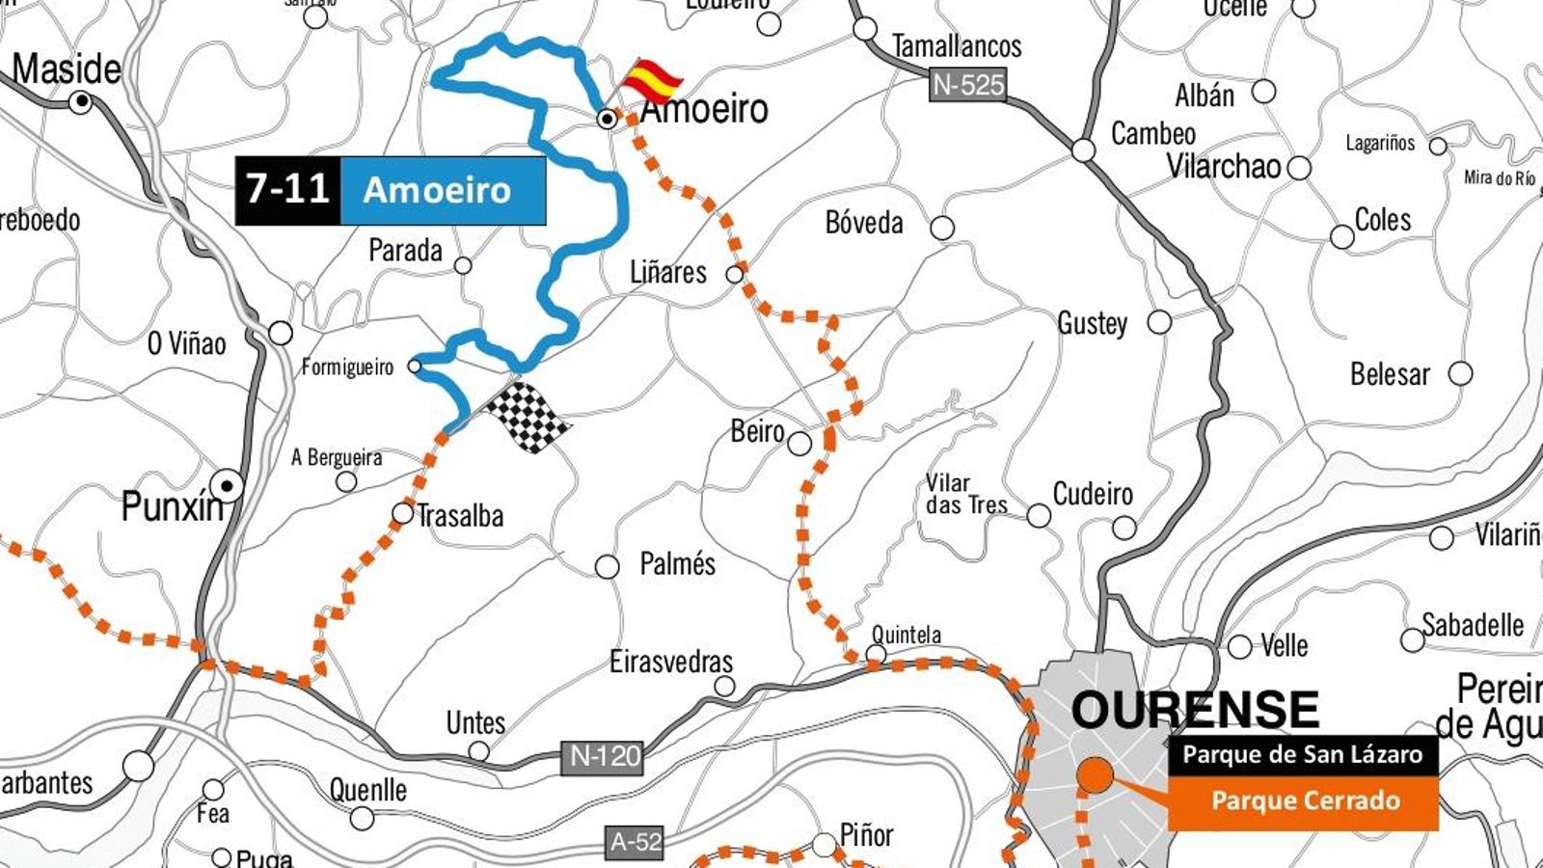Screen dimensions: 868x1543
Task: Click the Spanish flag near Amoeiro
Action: (x=653, y=80)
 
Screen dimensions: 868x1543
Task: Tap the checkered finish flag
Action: (x=528, y=417)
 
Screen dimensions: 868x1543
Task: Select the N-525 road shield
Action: (x=968, y=86)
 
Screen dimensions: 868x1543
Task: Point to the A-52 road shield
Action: (x=636, y=842)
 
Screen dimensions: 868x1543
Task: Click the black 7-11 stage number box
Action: (x=287, y=190)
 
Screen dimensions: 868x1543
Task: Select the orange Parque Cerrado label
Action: (x=1304, y=801)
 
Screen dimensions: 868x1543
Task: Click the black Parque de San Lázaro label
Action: (x=1302, y=754)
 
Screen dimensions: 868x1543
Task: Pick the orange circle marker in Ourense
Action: (x=1096, y=774)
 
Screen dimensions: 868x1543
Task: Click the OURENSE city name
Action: (x=1194, y=712)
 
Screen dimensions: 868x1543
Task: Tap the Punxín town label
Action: (x=171, y=506)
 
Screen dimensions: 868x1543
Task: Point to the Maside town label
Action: (x=67, y=69)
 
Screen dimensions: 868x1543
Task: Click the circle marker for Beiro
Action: (x=799, y=444)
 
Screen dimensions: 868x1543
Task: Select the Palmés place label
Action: (x=677, y=563)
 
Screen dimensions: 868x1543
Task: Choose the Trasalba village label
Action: (x=460, y=516)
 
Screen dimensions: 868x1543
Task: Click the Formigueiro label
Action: (x=347, y=367)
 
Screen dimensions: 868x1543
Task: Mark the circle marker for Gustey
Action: (x=1159, y=322)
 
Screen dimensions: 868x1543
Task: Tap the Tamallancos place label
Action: (x=956, y=46)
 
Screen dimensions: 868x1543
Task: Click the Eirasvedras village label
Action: (x=670, y=662)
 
